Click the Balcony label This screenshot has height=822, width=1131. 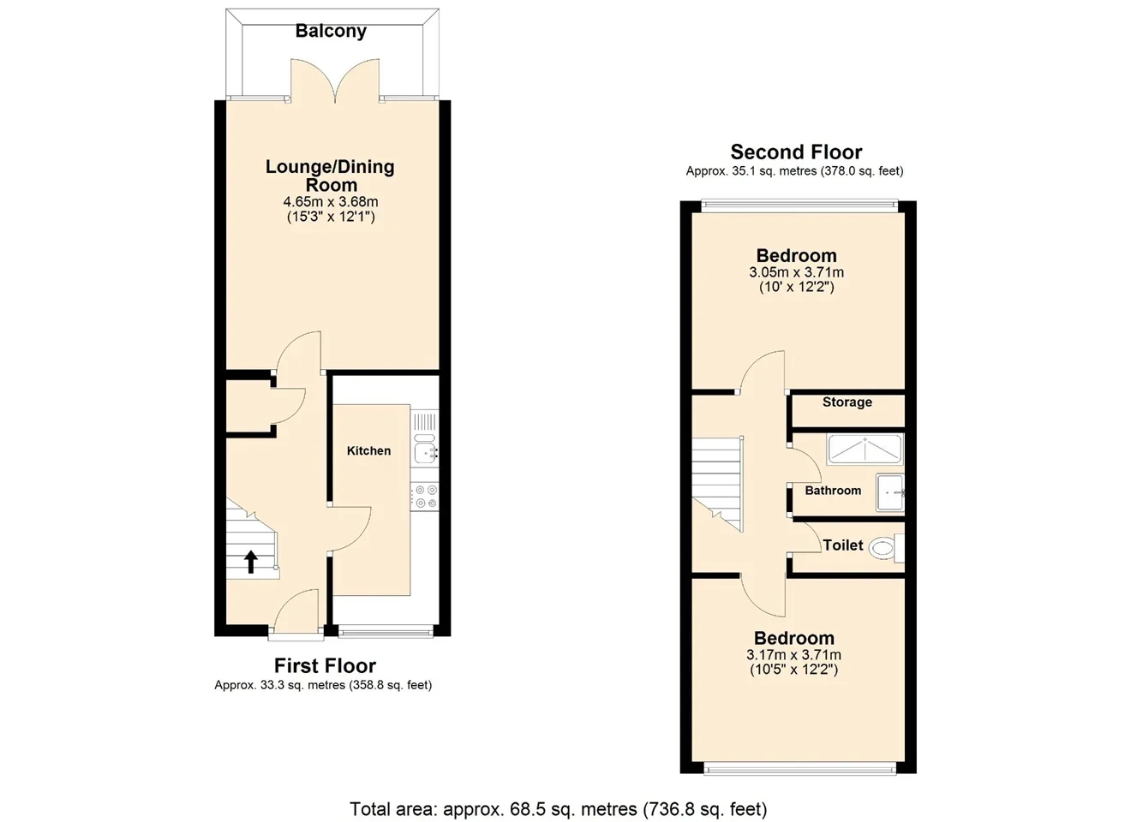click(x=331, y=32)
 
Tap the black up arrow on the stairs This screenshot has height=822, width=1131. click(x=251, y=562)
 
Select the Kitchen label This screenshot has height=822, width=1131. click(x=368, y=450)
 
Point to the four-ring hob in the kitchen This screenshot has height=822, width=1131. click(x=425, y=497)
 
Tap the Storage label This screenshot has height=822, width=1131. click(x=847, y=402)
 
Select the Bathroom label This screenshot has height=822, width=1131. click(x=833, y=491)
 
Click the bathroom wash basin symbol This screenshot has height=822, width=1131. click(x=889, y=492)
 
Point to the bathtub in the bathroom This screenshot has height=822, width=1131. click(x=865, y=449)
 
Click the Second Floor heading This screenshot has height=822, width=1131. click(x=796, y=152)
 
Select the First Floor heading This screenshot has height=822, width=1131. click(x=326, y=666)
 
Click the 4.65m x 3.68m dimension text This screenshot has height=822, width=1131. click(x=331, y=202)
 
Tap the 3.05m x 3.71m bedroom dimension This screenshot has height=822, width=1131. click(x=796, y=272)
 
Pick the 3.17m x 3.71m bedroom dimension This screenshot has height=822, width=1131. click(x=793, y=655)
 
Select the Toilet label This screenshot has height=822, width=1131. click(x=843, y=545)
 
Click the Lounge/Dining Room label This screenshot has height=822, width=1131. click(x=330, y=176)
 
